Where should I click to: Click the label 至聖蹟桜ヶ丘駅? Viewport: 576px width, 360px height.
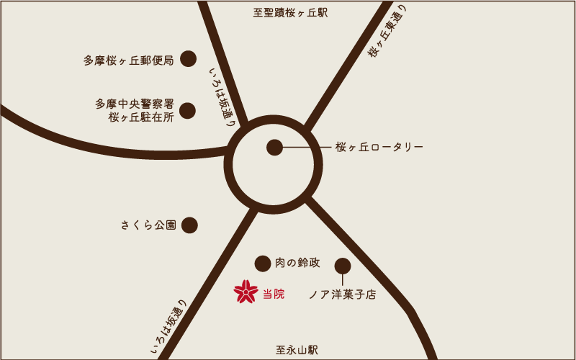point(290,13)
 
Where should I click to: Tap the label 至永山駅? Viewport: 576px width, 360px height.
point(297,350)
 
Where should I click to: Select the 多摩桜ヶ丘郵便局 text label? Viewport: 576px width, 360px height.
point(129,60)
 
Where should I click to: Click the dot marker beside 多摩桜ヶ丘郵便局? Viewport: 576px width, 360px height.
point(188,59)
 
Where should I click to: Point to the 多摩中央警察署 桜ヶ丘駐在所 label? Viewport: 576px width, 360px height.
point(135,110)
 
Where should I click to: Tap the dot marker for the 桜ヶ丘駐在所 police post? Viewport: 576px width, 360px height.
point(187,111)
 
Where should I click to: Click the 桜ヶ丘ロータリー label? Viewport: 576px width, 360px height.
point(379,147)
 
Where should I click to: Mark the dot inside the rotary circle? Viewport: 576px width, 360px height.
point(274,148)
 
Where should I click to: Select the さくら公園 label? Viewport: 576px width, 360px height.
point(148,225)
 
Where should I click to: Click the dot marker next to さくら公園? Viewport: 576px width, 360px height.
point(189,225)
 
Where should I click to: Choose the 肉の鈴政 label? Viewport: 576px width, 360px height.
point(297,263)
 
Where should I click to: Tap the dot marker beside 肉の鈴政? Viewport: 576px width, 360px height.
point(263,264)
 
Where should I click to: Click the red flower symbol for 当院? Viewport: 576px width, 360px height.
point(246,292)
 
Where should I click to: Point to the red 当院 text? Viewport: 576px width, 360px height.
point(274,294)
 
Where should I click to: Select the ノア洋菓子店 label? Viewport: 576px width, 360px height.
point(342,294)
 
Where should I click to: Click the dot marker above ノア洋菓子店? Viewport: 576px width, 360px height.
point(343,266)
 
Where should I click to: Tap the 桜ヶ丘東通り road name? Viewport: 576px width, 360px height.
point(387,30)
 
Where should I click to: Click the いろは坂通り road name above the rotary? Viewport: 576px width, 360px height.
point(222,96)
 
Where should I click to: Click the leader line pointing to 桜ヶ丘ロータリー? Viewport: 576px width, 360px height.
point(306,148)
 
